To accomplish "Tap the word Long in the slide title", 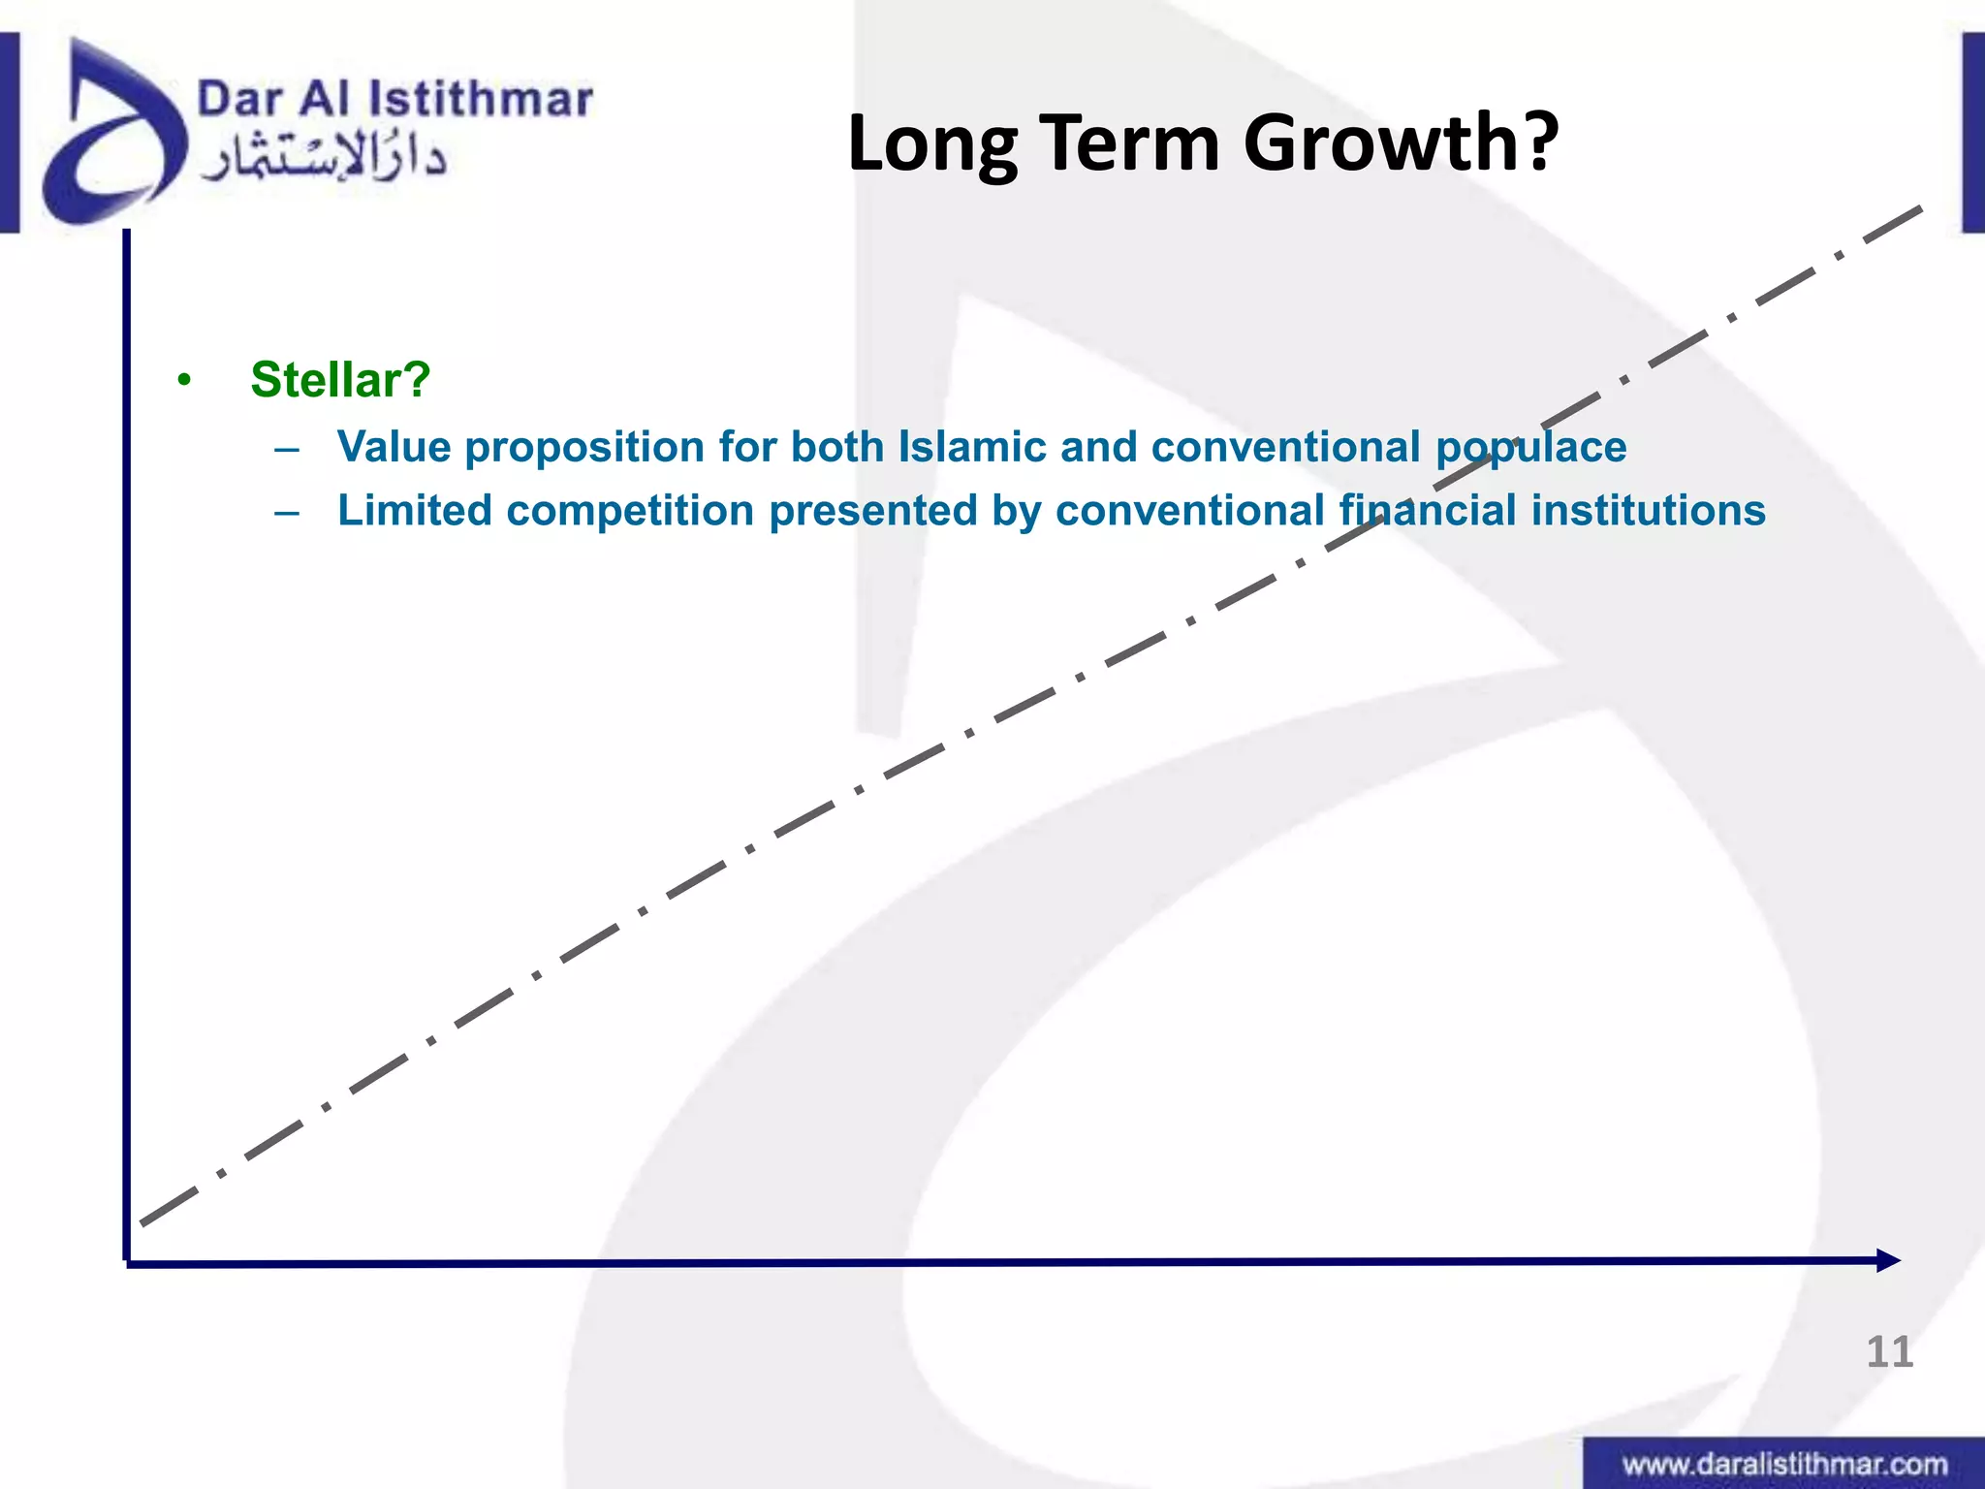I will click(931, 143).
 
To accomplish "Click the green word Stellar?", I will click(340, 380).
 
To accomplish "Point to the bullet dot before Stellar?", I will click(184, 381).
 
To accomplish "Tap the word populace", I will click(1530, 448).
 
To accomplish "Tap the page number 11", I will click(1889, 1352).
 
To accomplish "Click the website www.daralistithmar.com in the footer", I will click(1784, 1464).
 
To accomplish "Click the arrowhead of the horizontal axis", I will click(1889, 1261).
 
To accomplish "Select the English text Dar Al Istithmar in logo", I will click(394, 101).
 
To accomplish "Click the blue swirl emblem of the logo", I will click(111, 136).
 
